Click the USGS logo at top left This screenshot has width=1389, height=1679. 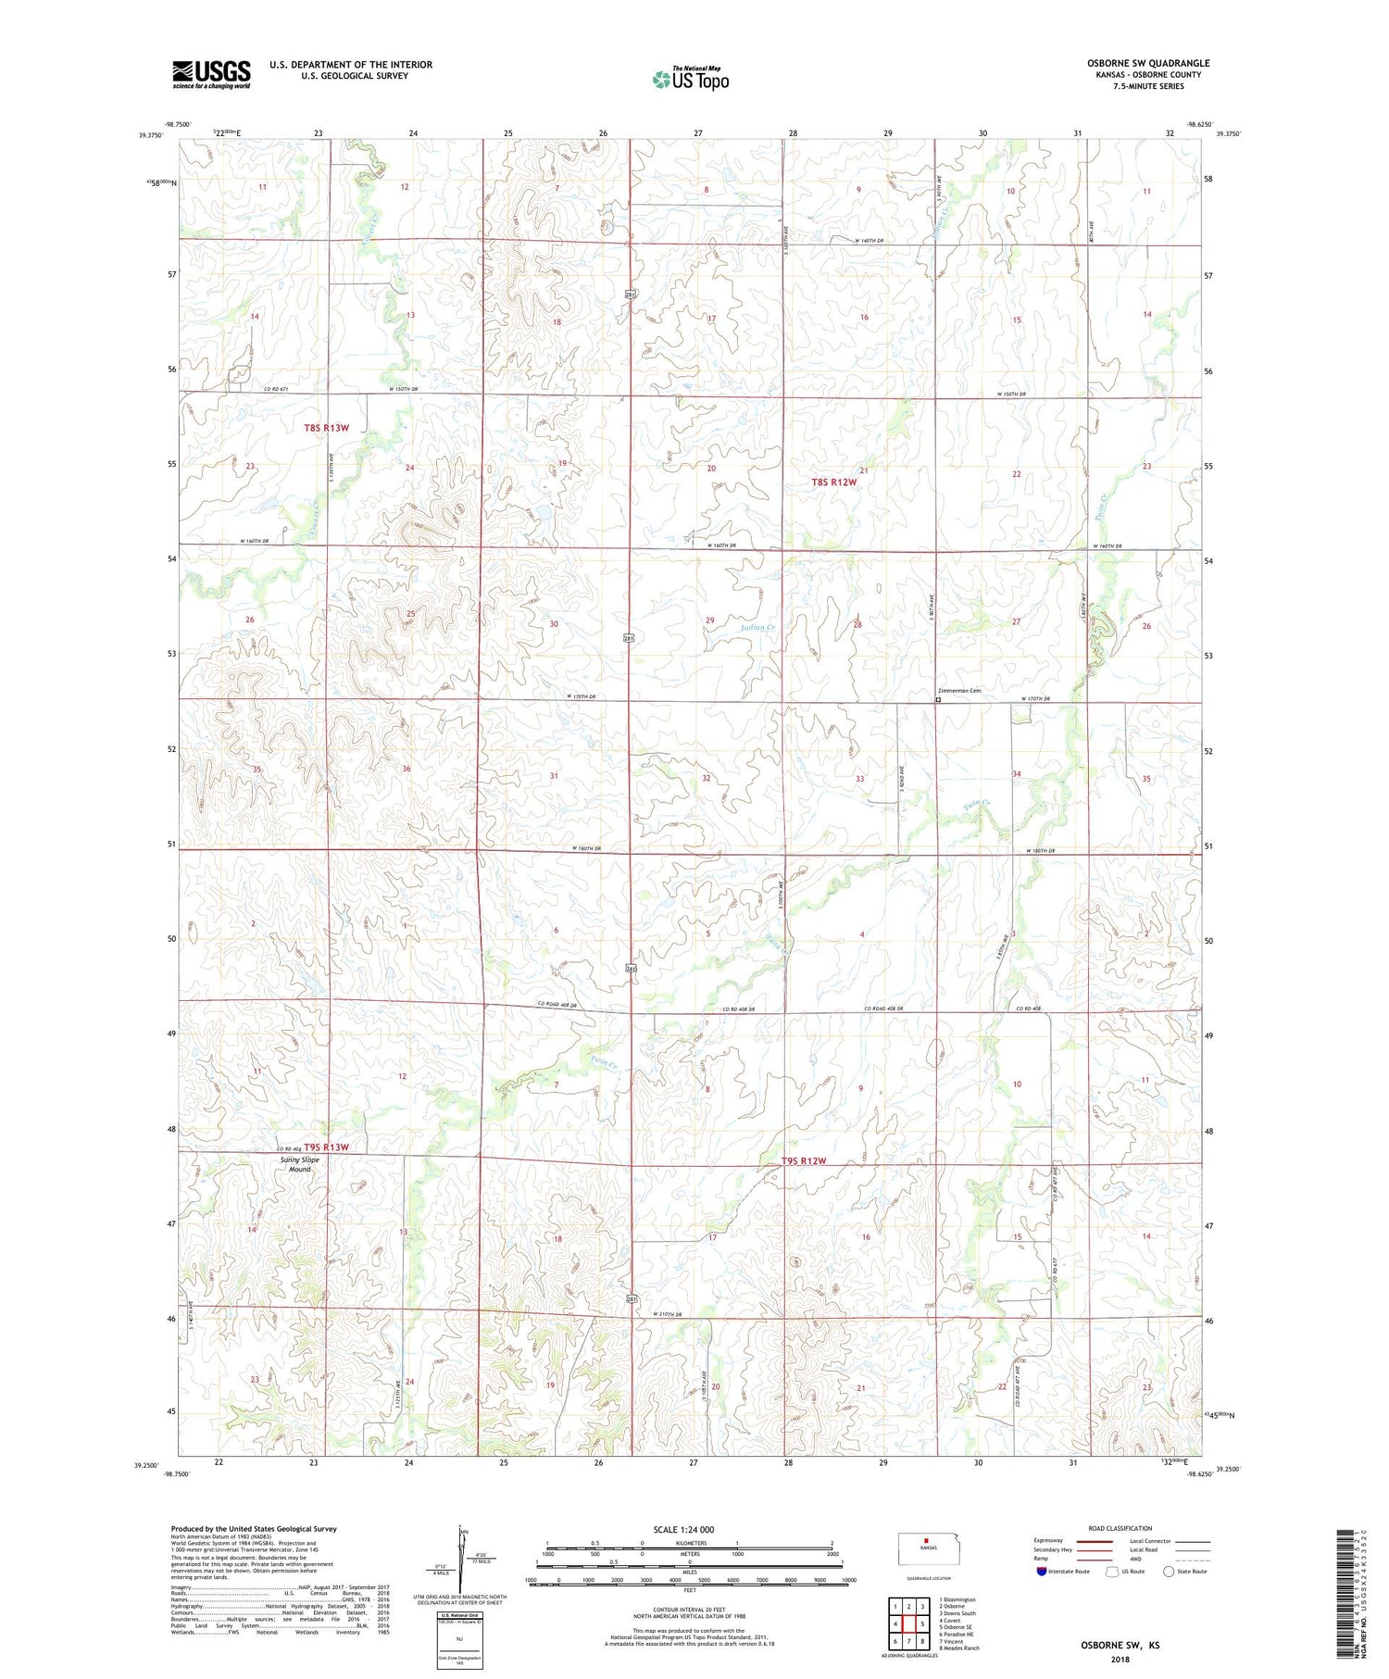click(x=211, y=74)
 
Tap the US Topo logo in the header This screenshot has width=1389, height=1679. click(x=691, y=80)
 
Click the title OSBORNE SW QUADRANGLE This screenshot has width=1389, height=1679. click(x=1148, y=63)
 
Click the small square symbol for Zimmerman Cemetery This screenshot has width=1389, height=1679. click(x=937, y=700)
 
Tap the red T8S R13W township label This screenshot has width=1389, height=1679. click(x=327, y=428)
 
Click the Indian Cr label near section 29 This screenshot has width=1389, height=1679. click(x=757, y=628)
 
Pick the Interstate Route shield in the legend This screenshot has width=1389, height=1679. click(x=1042, y=1572)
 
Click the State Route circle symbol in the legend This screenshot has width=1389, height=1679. click(x=1169, y=1572)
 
